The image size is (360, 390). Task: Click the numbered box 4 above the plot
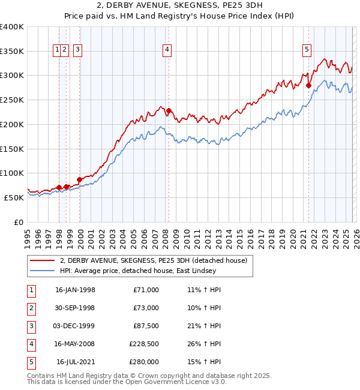(x=167, y=50)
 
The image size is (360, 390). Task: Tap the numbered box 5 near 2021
(x=307, y=50)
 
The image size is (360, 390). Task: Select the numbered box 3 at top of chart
(x=78, y=50)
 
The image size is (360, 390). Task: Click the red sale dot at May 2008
(x=169, y=110)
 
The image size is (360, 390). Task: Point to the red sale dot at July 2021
(x=309, y=85)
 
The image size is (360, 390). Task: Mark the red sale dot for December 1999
(x=80, y=179)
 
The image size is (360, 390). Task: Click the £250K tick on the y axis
(x=12, y=100)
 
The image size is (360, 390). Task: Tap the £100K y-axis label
(x=12, y=173)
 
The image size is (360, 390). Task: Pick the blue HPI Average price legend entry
(x=137, y=271)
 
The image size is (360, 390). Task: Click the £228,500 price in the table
(x=144, y=344)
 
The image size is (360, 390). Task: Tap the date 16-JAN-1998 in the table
(x=75, y=290)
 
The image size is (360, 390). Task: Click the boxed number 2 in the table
(x=31, y=308)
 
